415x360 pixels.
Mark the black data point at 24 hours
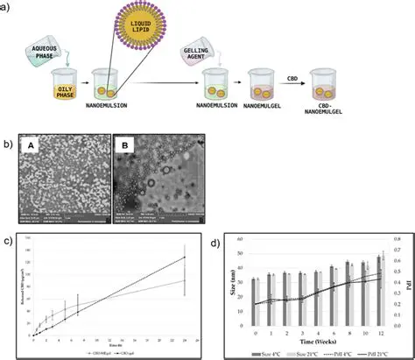[185, 257]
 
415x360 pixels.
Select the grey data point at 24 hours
[185, 280]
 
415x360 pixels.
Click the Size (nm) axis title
[236, 282]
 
